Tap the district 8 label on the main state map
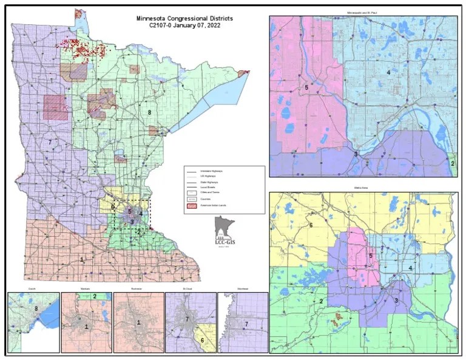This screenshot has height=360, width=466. click(x=149, y=112)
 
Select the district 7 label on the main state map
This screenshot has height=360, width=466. click(x=49, y=141)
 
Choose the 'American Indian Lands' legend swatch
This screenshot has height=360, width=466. click(x=192, y=206)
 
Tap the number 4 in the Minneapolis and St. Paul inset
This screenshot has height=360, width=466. click(x=388, y=73)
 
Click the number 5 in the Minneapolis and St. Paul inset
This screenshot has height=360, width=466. click(x=306, y=88)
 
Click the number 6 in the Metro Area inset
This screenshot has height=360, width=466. click(x=311, y=225)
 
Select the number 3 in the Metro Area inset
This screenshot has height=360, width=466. click(x=396, y=301)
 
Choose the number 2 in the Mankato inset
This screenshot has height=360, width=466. click(x=94, y=296)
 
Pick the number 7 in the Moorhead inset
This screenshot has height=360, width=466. click(x=246, y=324)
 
